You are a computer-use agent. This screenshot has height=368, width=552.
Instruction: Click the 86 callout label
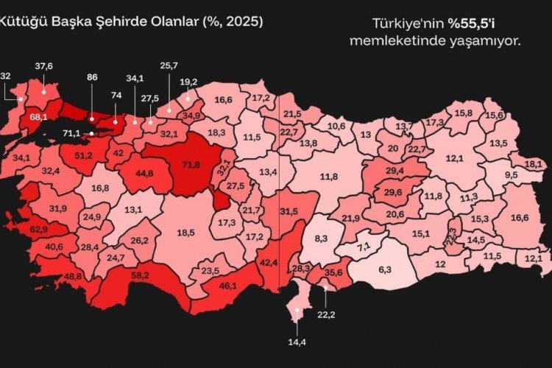click(92, 76)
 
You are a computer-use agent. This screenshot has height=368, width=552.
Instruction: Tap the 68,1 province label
click(39, 116)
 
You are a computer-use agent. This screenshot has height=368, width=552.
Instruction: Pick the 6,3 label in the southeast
click(384, 269)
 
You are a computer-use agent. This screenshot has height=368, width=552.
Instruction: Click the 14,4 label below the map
click(298, 342)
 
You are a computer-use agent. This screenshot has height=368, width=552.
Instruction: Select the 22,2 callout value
click(327, 314)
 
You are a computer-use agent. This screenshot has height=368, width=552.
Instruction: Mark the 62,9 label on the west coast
click(38, 230)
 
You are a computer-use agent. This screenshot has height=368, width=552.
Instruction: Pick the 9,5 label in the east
click(512, 174)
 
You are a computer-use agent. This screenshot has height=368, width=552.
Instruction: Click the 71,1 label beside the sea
click(71, 132)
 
